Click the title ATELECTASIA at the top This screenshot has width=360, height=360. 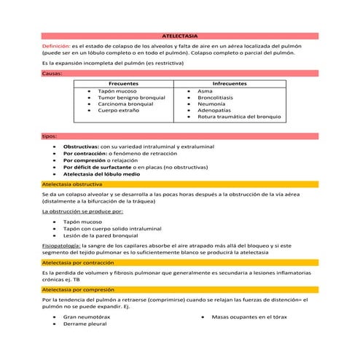coord(179,36)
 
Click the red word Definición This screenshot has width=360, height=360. coord(56,45)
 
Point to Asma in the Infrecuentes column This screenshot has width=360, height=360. coord(204,91)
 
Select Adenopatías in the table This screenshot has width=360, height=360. coord(216,110)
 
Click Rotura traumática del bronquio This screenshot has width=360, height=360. coord(238,117)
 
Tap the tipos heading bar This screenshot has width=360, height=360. coord(50,136)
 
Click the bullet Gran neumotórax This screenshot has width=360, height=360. coord(87,317)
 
